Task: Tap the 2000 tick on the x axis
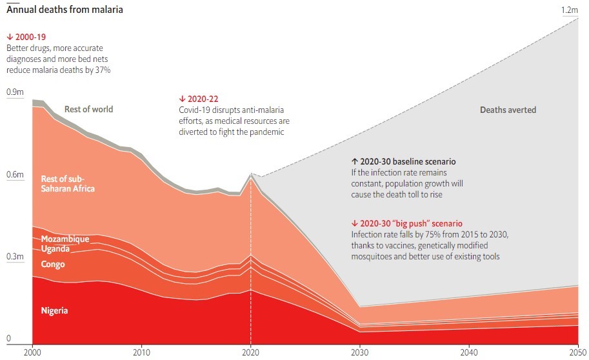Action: click(32, 352)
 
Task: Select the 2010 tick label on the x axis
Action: click(141, 352)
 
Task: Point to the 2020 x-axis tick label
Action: click(251, 352)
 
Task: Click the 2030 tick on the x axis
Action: click(361, 352)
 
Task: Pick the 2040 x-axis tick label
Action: click(470, 352)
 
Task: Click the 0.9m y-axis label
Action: click(15, 92)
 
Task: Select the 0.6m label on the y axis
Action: click(15, 174)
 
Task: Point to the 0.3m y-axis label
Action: click(15, 256)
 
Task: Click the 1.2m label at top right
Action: click(570, 10)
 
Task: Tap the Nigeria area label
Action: click(54, 311)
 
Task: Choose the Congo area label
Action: click(53, 264)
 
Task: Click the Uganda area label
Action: click(55, 249)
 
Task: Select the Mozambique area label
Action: click(65, 239)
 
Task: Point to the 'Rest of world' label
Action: click(88, 110)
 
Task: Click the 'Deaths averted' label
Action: click(508, 110)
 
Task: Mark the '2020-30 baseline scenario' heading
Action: click(403, 161)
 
